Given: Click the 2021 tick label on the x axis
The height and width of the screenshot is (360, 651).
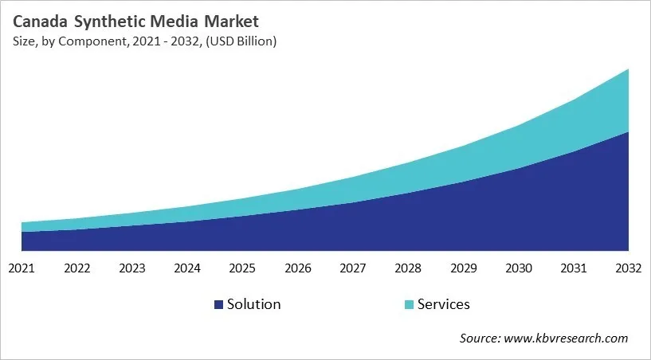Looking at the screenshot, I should pyautogui.click(x=22, y=268).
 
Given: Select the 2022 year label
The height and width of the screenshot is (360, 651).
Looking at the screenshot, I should pyautogui.click(x=76, y=268).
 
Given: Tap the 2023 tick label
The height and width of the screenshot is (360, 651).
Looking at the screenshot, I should pyautogui.click(x=131, y=268).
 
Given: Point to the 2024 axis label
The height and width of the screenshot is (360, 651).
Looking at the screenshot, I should pyautogui.click(x=187, y=268).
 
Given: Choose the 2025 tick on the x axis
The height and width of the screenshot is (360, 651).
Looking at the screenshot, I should pyautogui.click(x=242, y=268).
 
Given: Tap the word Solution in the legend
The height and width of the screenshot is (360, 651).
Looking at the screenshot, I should pyautogui.click(x=253, y=304).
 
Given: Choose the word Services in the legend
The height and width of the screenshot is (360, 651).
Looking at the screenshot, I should pyautogui.click(x=444, y=304).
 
